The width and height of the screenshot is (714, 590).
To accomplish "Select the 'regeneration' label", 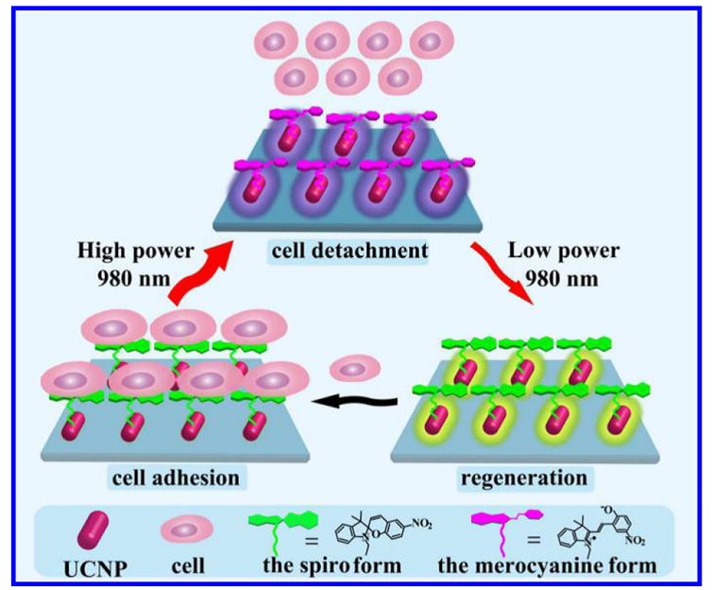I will click(523, 477).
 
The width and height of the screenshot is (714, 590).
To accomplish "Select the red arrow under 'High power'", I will click(198, 274).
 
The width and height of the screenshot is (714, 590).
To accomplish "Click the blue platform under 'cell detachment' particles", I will click(359, 214).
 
